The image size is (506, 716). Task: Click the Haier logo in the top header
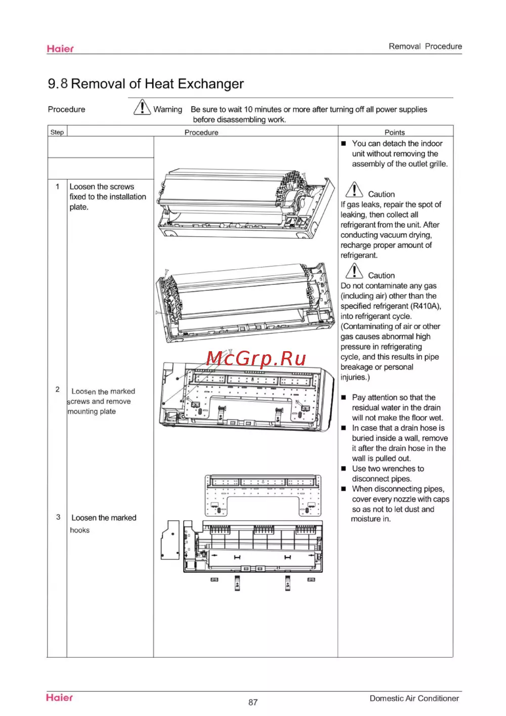pyautogui.click(x=60, y=49)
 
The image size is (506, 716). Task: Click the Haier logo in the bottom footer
pyautogui.click(x=59, y=697)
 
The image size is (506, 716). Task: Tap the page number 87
pyautogui.click(x=253, y=702)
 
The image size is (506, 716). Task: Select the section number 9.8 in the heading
pyautogui.click(x=58, y=84)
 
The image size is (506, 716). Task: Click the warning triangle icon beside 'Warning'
pyautogui.click(x=142, y=107)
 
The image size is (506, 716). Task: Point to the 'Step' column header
pyautogui.click(x=57, y=132)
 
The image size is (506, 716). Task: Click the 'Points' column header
pyautogui.click(x=395, y=132)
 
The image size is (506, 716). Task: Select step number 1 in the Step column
pyautogui.click(x=58, y=186)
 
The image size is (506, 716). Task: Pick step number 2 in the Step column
pyautogui.click(x=58, y=389)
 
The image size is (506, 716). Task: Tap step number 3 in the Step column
pyautogui.click(x=58, y=517)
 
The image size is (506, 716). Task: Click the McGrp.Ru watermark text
pyautogui.click(x=256, y=358)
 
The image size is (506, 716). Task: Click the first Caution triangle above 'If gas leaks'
pyautogui.click(x=354, y=190)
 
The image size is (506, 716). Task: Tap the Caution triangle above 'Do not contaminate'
pyautogui.click(x=354, y=271)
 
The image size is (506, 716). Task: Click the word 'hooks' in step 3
pyautogui.click(x=80, y=530)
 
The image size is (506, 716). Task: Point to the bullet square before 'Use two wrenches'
pyautogui.click(x=344, y=469)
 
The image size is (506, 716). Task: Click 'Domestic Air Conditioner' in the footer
pyautogui.click(x=414, y=698)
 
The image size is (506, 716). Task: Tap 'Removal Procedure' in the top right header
pyautogui.click(x=425, y=46)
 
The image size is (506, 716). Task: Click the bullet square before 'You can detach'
pyautogui.click(x=344, y=144)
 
